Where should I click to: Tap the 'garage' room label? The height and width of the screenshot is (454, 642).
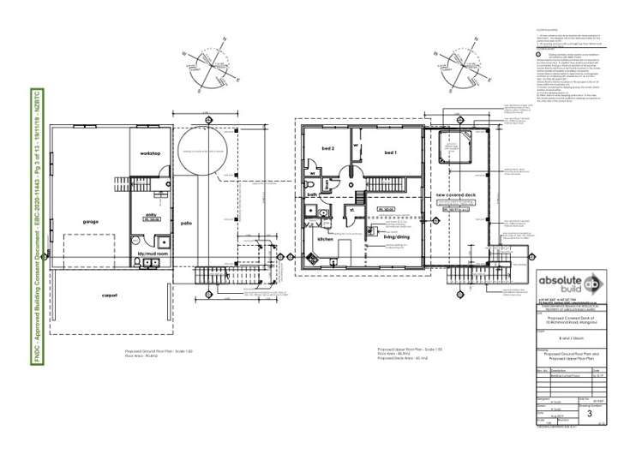point(91,221)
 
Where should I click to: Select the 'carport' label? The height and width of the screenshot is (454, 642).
point(108,296)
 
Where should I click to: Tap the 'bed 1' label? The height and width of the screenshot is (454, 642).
point(390,152)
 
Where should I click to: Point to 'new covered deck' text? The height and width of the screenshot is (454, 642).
point(455,195)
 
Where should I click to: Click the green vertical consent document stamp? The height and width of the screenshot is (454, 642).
point(38,228)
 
